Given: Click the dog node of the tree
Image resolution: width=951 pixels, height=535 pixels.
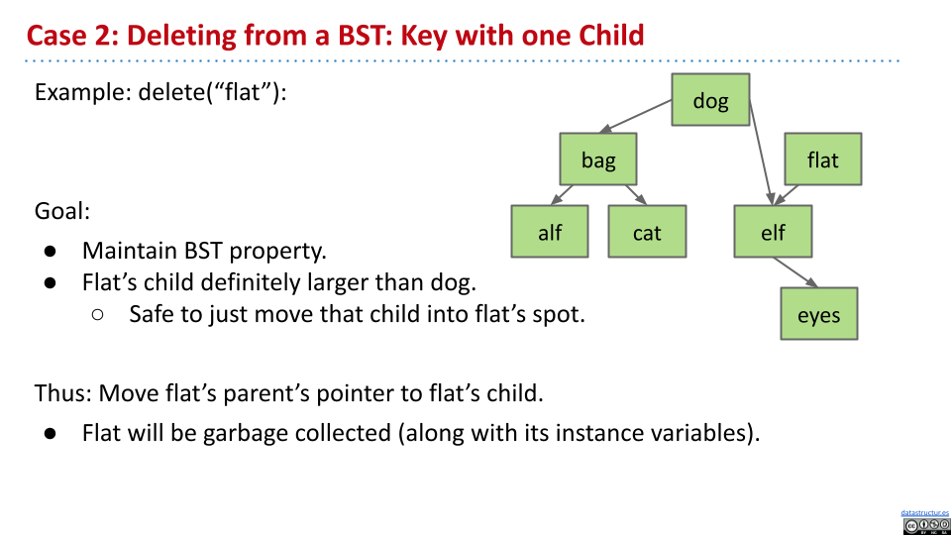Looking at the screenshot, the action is click(x=710, y=100).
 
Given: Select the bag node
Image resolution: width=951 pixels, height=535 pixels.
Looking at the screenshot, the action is click(x=598, y=159).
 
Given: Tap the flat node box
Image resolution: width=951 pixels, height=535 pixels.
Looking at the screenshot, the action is click(x=823, y=159).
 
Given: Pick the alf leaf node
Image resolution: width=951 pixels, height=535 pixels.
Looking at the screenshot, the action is click(x=550, y=231).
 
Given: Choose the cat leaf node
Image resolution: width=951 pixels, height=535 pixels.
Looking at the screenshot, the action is click(x=647, y=231).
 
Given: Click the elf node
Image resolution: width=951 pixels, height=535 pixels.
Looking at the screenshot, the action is click(x=773, y=231).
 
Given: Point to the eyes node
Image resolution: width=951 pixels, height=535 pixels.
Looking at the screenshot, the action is click(x=819, y=314).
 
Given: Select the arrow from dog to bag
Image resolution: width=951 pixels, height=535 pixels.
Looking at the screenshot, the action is click(x=635, y=117).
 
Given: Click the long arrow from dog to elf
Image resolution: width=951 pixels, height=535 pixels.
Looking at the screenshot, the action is click(x=761, y=153).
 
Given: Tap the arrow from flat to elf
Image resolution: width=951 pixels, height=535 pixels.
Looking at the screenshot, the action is click(x=786, y=195).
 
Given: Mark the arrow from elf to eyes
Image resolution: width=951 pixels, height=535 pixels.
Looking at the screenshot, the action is click(x=795, y=272).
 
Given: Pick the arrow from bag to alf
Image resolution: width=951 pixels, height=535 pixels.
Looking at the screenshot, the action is click(x=562, y=195).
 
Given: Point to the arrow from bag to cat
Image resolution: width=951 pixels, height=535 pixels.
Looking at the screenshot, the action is click(x=636, y=195).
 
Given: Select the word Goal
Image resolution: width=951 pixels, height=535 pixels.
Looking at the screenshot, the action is click(x=61, y=211).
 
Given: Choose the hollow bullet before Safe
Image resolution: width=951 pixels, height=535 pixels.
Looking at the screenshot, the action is click(x=98, y=314).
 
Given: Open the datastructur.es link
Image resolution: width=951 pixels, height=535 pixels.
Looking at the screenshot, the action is click(x=925, y=513).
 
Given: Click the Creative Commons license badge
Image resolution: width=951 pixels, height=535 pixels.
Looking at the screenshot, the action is click(x=926, y=526).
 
